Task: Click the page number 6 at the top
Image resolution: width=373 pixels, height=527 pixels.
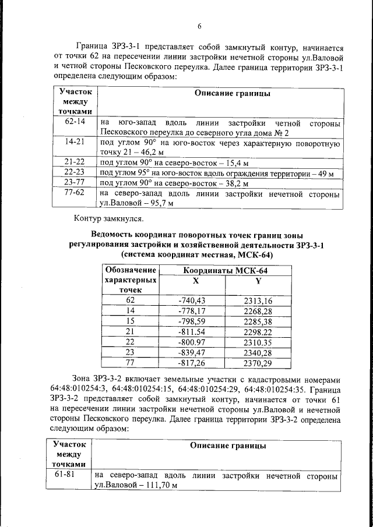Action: point(199,26)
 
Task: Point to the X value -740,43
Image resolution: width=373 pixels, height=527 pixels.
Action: point(192,300)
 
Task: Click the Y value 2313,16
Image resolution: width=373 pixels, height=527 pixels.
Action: point(258,300)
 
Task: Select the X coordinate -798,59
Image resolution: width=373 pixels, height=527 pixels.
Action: point(192,321)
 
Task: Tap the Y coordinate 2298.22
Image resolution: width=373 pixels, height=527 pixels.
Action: point(258,331)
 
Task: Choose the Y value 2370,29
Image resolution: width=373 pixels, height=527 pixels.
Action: point(258,363)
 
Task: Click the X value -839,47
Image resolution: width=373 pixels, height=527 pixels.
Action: point(192,352)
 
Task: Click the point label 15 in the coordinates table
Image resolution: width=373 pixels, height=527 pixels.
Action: point(131,321)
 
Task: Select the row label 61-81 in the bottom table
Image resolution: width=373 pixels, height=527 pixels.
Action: point(69,476)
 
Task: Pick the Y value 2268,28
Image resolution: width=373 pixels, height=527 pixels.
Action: point(258,311)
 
